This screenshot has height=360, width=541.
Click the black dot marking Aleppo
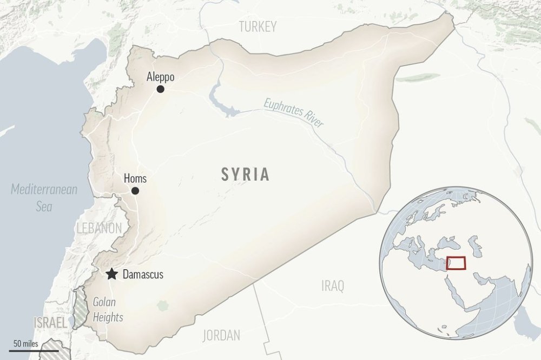coord(160,89)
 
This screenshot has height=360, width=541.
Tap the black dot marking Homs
coord(135,191)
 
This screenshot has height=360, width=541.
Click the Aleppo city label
coord(161,77)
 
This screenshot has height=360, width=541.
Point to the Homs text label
coord(135,178)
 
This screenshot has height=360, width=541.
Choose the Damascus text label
coord(143,275)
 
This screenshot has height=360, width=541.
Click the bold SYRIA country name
coord(245,174)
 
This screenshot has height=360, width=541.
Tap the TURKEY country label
coord(258,26)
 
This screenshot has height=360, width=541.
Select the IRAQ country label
coord(332,286)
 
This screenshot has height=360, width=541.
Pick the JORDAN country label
coord(221,335)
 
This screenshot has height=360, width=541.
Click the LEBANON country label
coord(99,228)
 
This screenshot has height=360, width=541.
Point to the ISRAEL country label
coord(50,323)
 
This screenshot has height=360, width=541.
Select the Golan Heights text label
coord(108,310)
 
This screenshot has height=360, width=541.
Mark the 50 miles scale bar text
coord(25,343)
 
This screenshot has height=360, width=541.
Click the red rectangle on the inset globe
coord(456,263)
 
